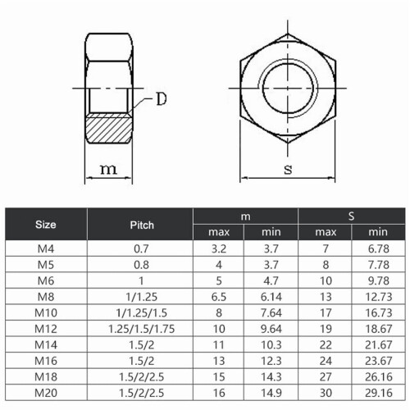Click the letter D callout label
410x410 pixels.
click(162, 98)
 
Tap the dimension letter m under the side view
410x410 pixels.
click(108, 169)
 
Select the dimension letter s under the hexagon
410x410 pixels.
click(288, 170)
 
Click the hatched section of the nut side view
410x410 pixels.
click(108, 129)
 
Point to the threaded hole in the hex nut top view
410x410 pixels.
click(288, 88)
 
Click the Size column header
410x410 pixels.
click(46, 225)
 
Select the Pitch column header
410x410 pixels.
click(142, 225)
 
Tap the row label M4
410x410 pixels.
click(46, 248)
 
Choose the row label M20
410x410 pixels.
click(46, 393)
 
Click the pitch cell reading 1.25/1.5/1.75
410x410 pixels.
click(141, 329)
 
